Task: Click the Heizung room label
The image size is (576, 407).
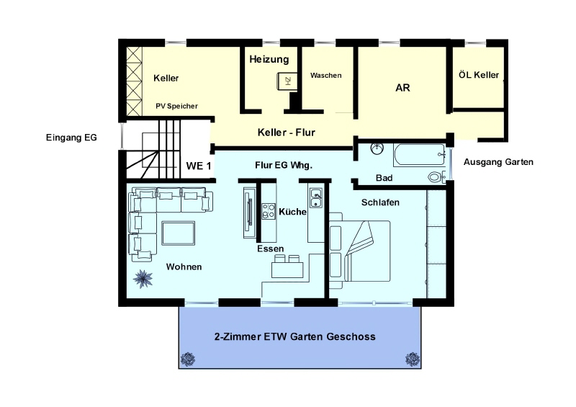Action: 269,60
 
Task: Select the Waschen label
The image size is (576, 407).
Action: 326,76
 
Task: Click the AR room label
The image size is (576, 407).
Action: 402,88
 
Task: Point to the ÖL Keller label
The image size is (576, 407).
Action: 479,75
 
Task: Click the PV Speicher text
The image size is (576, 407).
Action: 176,107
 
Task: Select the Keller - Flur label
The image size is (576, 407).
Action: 286,133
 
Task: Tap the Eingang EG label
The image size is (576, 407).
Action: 71,138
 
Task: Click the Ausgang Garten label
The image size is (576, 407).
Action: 498,162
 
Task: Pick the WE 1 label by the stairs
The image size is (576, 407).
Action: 199,166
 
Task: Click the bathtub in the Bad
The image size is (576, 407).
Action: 420,155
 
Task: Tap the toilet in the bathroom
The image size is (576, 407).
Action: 437,177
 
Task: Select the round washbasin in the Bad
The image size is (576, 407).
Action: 377,148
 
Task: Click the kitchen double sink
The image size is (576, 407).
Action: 316,198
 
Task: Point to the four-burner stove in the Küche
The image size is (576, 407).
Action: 269,211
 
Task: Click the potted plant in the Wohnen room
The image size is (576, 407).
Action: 143,279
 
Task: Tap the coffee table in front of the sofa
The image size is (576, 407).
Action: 178,233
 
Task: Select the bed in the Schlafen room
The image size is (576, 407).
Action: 359,251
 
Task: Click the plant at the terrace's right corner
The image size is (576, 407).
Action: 413,359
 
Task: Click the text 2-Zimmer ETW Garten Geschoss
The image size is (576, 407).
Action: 295,337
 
